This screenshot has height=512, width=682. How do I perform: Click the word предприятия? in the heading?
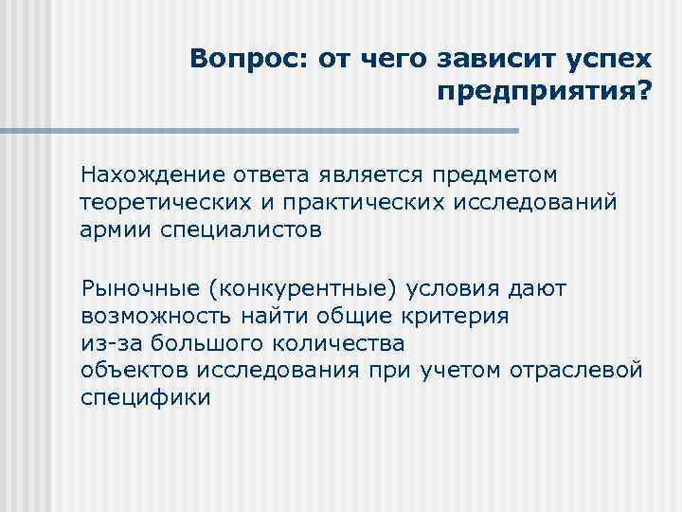click(x=546, y=93)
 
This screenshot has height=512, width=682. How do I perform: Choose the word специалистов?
click(x=242, y=229)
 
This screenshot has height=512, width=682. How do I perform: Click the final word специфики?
click(x=146, y=396)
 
